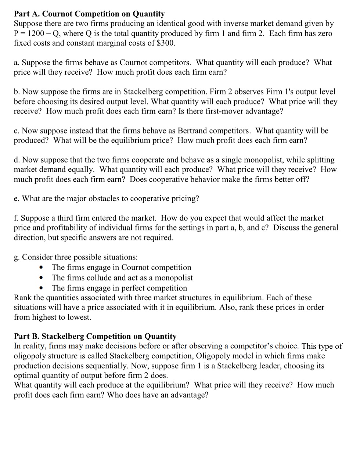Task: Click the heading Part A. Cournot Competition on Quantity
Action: click(x=89, y=14)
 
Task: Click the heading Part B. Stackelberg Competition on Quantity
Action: click(x=95, y=336)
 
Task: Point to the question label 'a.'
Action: click(x=17, y=62)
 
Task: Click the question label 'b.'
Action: click(x=17, y=92)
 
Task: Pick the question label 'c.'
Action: click(x=17, y=131)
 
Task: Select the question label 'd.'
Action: click(x=17, y=160)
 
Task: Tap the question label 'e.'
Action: click(x=17, y=199)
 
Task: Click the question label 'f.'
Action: click(x=16, y=218)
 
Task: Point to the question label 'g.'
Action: click(x=17, y=257)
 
